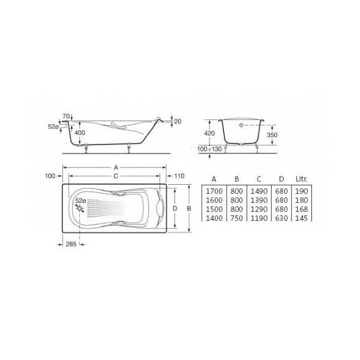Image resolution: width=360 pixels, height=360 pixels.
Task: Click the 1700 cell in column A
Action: tap(214, 191)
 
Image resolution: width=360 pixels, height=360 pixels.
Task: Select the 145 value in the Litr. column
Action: tap(301, 218)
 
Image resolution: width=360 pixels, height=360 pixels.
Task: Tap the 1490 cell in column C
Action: tap(259, 191)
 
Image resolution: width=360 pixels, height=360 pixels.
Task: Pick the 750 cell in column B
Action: tap(236, 218)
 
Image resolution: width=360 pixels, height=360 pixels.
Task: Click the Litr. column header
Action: tap(301, 179)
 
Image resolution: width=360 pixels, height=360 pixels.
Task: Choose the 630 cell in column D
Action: tap(281, 218)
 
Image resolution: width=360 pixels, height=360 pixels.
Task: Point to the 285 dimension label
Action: tap(71, 244)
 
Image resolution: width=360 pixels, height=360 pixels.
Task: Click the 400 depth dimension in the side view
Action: tap(80, 133)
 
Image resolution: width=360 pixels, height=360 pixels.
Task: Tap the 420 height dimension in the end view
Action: tap(209, 133)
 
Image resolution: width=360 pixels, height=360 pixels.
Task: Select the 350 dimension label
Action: tap(272, 135)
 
